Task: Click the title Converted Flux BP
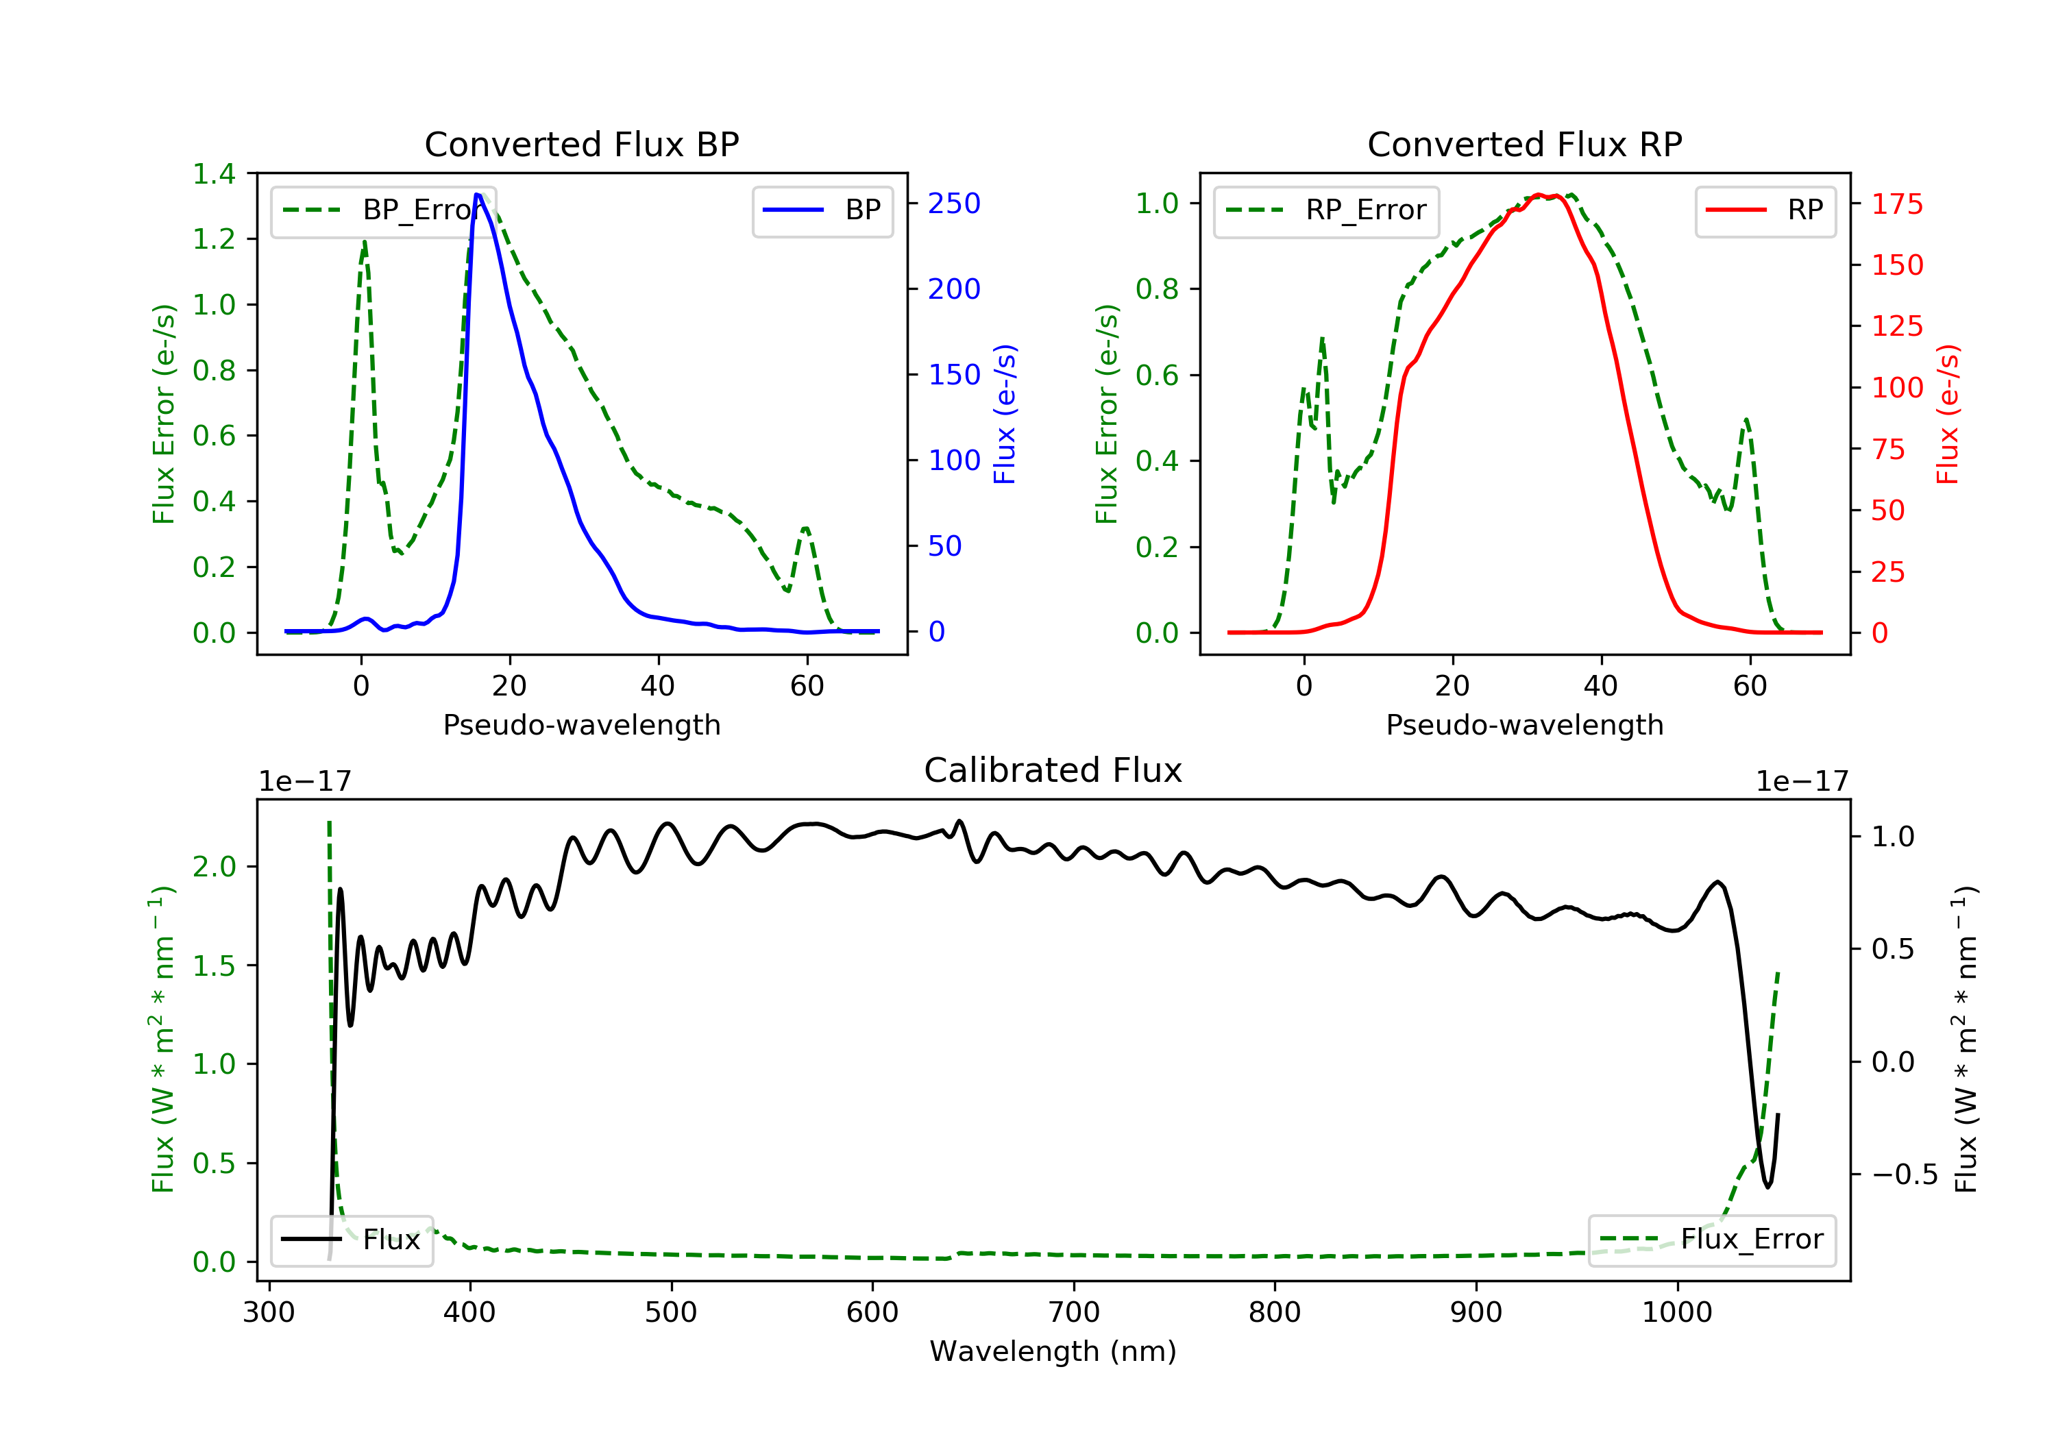click(581, 144)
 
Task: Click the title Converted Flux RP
click(1524, 144)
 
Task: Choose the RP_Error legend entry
click(1326, 210)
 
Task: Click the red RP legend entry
click(1765, 210)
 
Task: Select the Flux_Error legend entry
click(1711, 1240)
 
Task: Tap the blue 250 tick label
click(954, 204)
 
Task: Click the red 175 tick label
click(1896, 204)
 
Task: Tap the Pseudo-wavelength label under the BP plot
click(581, 724)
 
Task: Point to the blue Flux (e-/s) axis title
click(1005, 414)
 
